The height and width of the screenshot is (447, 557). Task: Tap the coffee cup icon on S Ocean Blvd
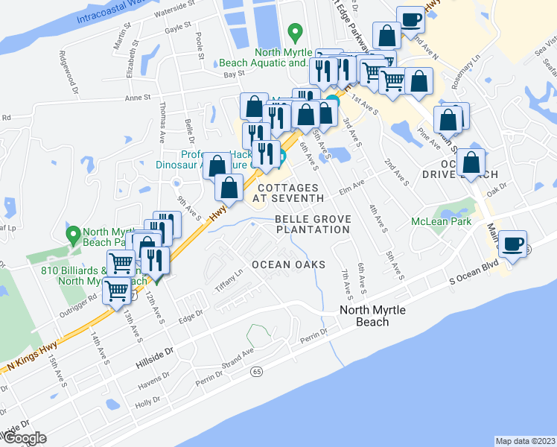pos(512,244)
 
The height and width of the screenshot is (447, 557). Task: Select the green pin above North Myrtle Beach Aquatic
pos(295,32)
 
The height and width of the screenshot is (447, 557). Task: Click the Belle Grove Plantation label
pos(312,224)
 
